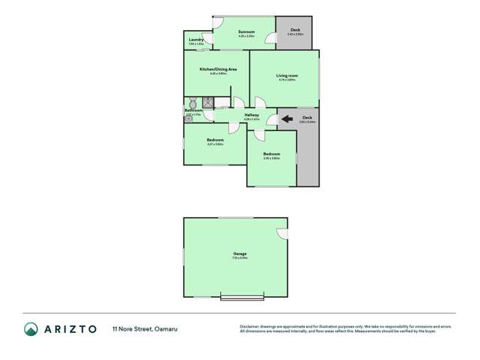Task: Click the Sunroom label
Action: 246,32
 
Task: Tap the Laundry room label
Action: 196,40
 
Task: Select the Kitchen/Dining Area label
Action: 218,69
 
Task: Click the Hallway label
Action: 252,115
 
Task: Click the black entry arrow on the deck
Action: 287,119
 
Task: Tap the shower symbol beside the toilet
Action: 207,102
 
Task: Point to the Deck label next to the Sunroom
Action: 295,30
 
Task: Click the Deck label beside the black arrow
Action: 307,117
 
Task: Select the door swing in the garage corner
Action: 281,234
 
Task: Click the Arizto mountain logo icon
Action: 31,328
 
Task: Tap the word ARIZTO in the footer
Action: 71,328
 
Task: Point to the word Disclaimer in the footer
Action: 249,326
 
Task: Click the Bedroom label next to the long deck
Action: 271,154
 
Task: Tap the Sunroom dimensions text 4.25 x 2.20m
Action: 246,36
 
